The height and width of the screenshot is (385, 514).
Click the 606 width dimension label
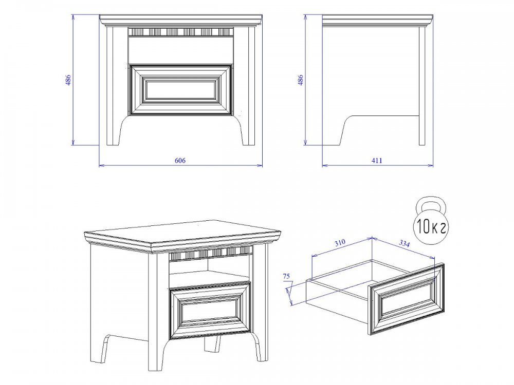[180, 160]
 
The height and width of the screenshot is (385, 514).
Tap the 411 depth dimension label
[377, 160]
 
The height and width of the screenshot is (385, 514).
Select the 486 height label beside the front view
[68, 80]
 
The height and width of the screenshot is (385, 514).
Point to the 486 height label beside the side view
[300, 80]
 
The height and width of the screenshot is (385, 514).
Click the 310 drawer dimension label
[340, 243]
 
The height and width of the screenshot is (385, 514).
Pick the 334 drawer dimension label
[404, 243]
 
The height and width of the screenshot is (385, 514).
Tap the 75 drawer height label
[286, 276]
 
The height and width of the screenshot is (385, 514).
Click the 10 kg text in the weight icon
[431, 226]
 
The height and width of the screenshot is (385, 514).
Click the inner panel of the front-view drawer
[180, 89]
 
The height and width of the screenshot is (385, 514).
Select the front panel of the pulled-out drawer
[407, 298]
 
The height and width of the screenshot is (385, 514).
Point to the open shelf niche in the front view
[180, 50]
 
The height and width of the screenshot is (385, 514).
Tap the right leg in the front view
[248, 86]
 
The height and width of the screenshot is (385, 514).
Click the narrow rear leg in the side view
[422, 86]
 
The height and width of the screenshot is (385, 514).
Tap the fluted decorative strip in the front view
[180, 32]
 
